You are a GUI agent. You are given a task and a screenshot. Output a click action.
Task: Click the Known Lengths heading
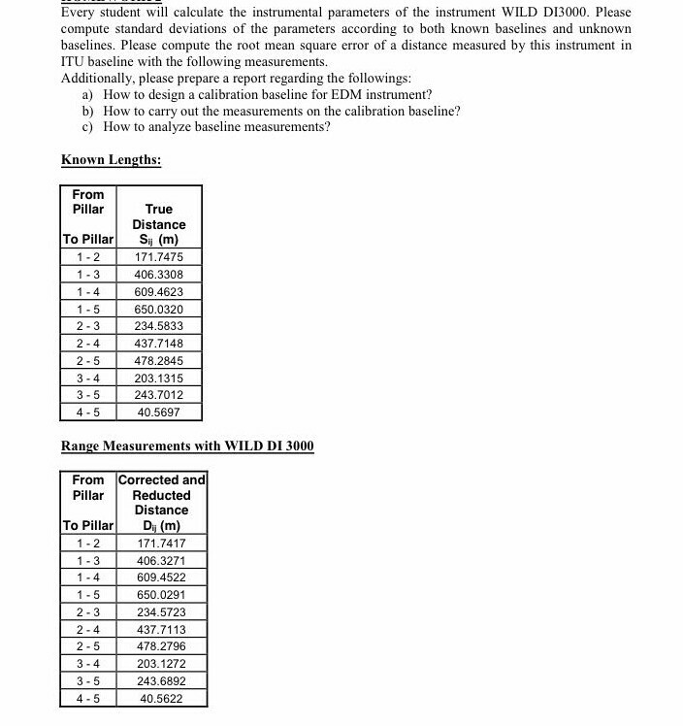(111, 159)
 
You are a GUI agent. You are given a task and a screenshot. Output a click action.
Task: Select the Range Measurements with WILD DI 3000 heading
(187, 445)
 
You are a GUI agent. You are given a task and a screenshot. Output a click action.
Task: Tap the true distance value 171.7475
(158, 257)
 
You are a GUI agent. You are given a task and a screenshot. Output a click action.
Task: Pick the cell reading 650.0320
(158, 309)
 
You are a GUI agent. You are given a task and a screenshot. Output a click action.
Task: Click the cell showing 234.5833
(158, 326)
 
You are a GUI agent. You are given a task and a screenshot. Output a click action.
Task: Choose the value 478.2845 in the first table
(158, 361)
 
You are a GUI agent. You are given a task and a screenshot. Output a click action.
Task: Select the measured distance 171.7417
(161, 544)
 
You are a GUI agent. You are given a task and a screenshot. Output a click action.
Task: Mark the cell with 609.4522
(161, 577)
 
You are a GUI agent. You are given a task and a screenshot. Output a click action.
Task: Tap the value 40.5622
(161, 698)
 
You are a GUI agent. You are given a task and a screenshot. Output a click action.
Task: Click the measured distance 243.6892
(161, 680)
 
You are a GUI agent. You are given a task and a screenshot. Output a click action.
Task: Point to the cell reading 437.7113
(161, 629)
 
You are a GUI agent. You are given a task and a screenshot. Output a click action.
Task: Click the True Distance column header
(158, 224)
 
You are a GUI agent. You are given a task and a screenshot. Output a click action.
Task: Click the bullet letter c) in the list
(88, 127)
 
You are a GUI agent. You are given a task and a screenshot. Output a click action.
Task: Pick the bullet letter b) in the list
(88, 111)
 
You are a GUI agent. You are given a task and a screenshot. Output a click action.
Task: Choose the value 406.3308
(158, 275)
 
